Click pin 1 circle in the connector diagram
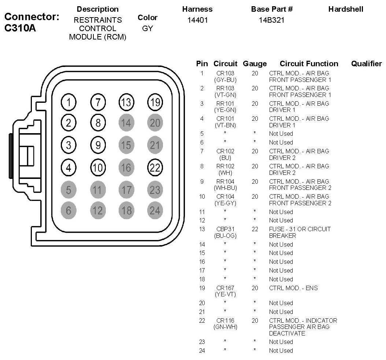pyautogui.click(x=68, y=102)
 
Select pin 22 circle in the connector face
pyautogui.click(x=155, y=168)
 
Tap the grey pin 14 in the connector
pyautogui.click(x=126, y=123)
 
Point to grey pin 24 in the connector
pyautogui.click(x=155, y=210)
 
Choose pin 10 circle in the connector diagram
pyautogui.click(x=98, y=168)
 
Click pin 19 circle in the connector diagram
pyautogui.click(x=155, y=102)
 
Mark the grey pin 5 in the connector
pyautogui.click(x=68, y=190)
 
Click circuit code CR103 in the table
pyautogui.click(x=225, y=73)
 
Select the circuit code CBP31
pyautogui.click(x=225, y=229)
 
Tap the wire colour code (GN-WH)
pyautogui.click(x=225, y=327)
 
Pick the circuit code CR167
pyautogui.click(x=225, y=288)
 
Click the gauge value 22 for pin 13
pyautogui.click(x=255, y=229)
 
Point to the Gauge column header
pyautogui.click(x=255, y=64)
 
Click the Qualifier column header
pyautogui.click(x=366, y=64)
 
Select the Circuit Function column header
pyautogui.click(x=309, y=64)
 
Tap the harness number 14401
pyautogui.click(x=197, y=20)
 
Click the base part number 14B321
pyautogui.click(x=271, y=20)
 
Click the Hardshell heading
pyautogui.click(x=346, y=9)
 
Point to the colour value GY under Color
pyautogui.click(x=147, y=28)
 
